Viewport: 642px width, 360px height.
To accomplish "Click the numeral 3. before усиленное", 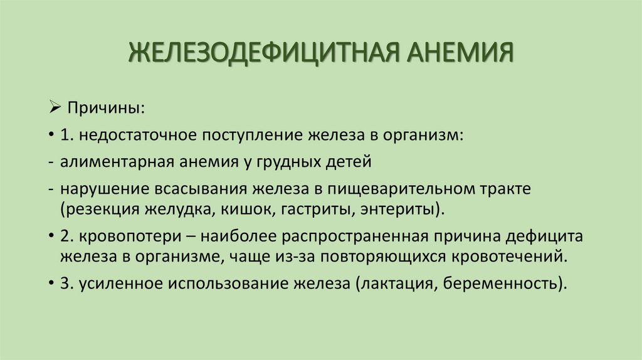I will [68, 283].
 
